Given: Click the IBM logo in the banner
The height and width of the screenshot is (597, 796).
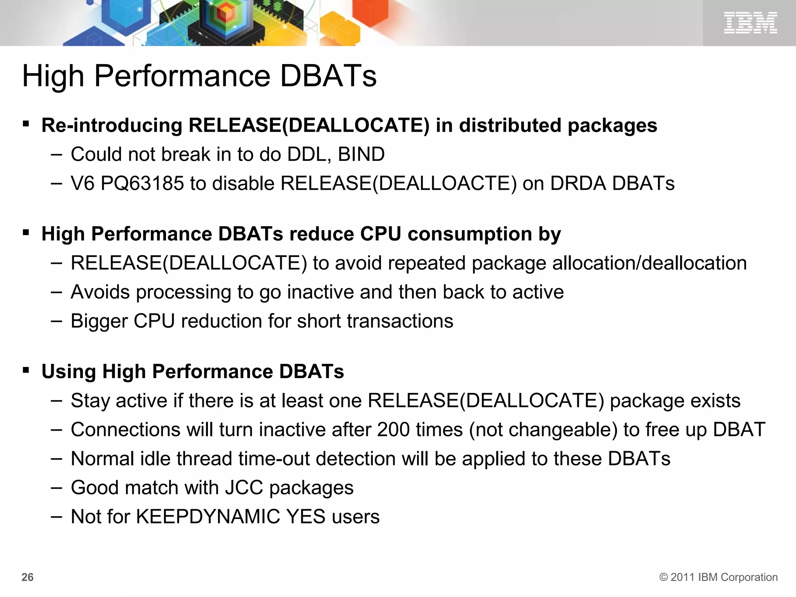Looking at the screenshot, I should coord(750,23).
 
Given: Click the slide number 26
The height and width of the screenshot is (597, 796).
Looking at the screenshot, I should coord(28,577).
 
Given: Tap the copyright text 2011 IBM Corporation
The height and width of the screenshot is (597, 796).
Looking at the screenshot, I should coord(718,577).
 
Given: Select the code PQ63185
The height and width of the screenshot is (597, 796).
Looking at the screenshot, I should coord(142,183).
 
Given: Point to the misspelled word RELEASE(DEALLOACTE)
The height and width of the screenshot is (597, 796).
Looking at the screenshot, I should coord(398,183).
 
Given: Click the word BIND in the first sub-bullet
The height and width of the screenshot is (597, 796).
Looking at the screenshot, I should coord(361,155).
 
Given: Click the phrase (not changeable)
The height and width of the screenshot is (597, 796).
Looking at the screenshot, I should coord(543,430).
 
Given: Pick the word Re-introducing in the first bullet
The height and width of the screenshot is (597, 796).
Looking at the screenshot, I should coord(112,126).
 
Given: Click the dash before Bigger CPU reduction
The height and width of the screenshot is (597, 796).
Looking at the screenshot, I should coord(56,321).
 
